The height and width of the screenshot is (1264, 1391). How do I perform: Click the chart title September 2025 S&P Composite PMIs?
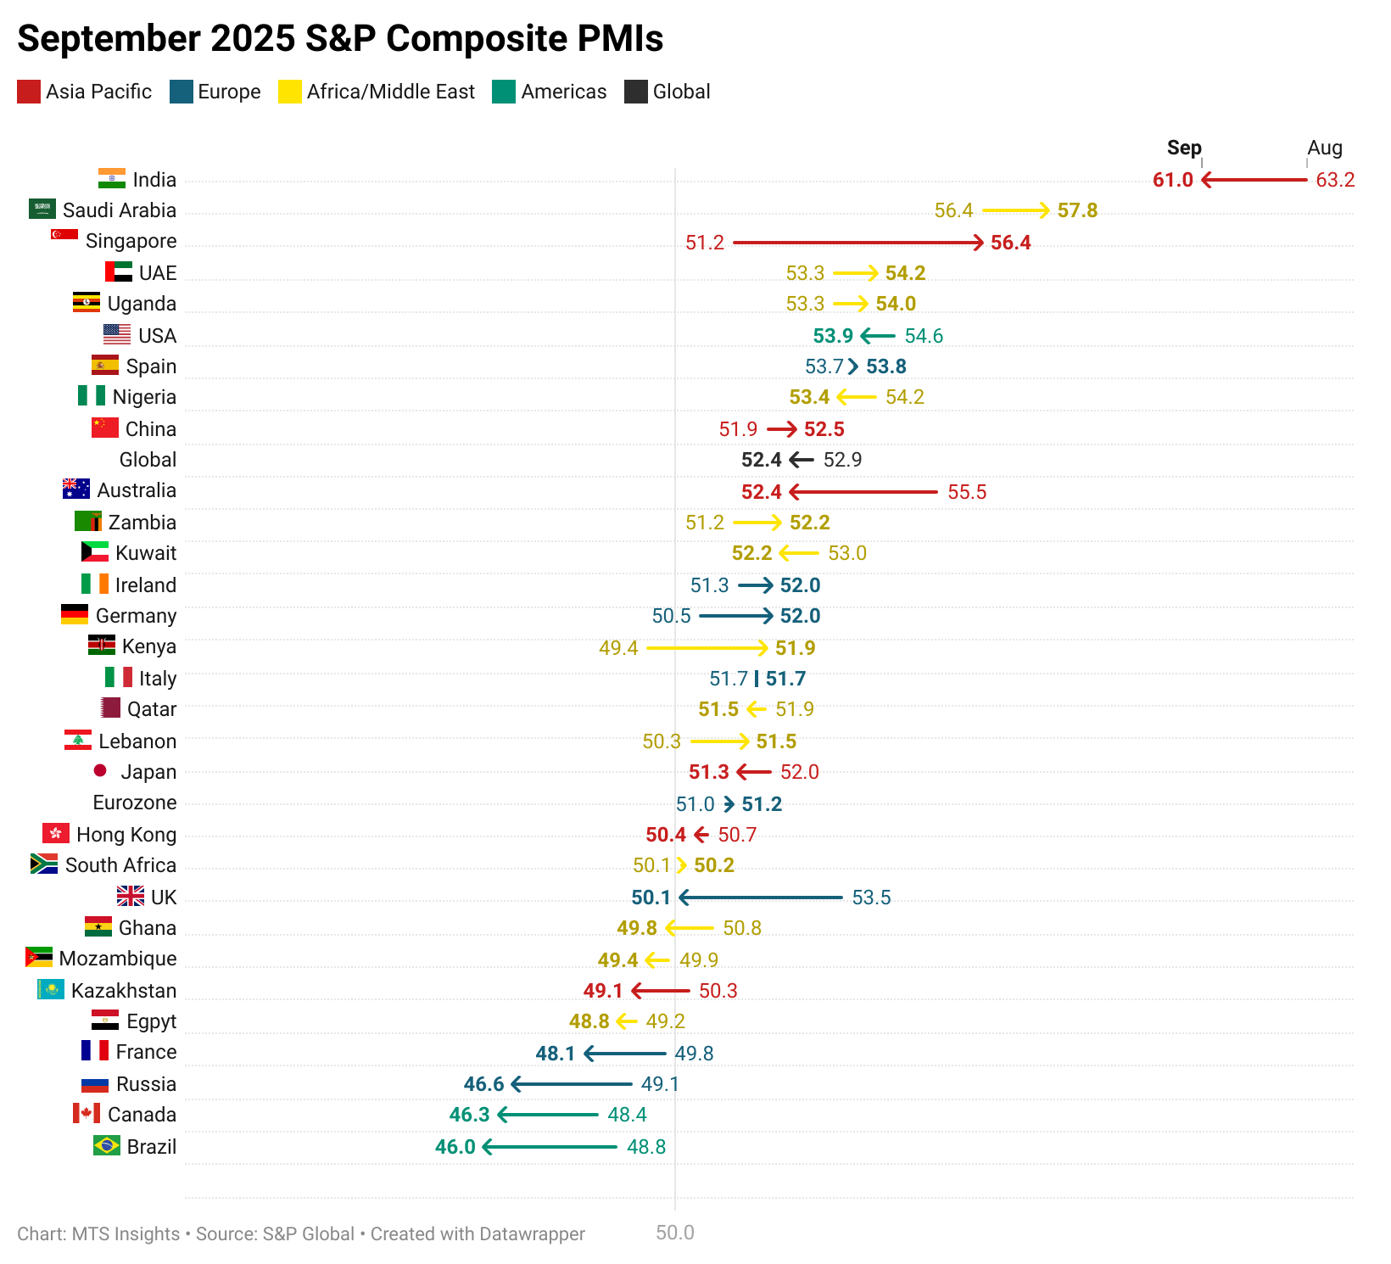[x=340, y=39]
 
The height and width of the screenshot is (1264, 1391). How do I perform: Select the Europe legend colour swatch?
[x=182, y=92]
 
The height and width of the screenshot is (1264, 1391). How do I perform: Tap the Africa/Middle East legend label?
[x=390, y=92]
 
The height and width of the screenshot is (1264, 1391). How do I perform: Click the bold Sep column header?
[x=1184, y=148]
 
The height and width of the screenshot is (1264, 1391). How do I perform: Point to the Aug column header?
[x=1324, y=148]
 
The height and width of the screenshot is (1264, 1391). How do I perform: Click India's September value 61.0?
[x=1172, y=180]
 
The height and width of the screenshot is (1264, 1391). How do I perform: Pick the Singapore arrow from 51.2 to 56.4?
[x=858, y=243]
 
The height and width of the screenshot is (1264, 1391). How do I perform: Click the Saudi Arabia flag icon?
[x=42, y=209]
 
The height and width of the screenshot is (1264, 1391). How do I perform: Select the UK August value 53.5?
[x=871, y=898]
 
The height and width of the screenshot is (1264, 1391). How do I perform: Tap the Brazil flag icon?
[x=107, y=1145]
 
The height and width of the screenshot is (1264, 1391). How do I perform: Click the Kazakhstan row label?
[x=124, y=991]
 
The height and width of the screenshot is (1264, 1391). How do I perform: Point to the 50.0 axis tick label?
[x=675, y=1233]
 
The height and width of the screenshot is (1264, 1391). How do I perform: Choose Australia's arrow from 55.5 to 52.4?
[x=863, y=492]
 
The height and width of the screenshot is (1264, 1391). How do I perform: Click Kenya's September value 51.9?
[x=795, y=648]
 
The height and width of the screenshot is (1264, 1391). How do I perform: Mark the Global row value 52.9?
[x=842, y=460]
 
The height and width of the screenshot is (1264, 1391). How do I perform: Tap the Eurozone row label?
[x=135, y=803]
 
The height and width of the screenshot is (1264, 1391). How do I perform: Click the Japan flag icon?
[x=100, y=770]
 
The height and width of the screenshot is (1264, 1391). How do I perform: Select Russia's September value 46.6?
[x=483, y=1084]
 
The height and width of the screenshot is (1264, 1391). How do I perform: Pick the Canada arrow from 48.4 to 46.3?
[x=548, y=1115]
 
